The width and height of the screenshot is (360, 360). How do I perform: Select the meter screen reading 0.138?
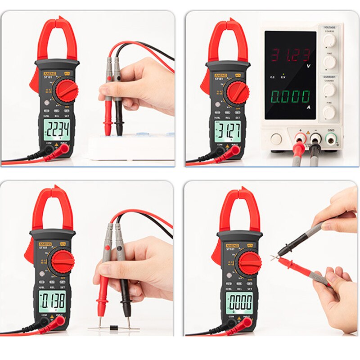[52, 300]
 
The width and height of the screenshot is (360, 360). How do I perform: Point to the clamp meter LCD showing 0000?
[239, 301]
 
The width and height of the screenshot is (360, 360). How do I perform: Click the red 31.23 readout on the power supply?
[290, 55]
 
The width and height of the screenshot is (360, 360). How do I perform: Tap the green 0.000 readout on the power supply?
[290, 96]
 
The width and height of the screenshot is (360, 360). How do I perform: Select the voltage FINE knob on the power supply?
[329, 62]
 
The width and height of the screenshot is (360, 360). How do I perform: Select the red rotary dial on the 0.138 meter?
[62, 261]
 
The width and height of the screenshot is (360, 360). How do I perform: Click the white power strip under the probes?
[130, 146]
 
